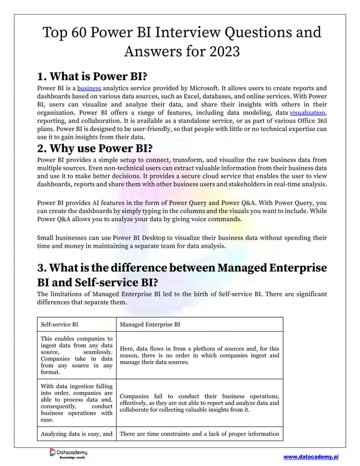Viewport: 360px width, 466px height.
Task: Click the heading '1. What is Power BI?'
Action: (x=95, y=76)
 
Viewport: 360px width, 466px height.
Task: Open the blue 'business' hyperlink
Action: (x=89, y=89)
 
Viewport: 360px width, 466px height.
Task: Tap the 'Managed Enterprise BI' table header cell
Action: (x=151, y=324)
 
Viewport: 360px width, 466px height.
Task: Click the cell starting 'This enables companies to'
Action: (x=76, y=355)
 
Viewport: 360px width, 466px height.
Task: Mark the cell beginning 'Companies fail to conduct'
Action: (x=199, y=403)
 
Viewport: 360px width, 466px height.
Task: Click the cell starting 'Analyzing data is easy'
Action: (x=76, y=433)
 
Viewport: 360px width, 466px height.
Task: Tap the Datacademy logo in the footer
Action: (x=68, y=454)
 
